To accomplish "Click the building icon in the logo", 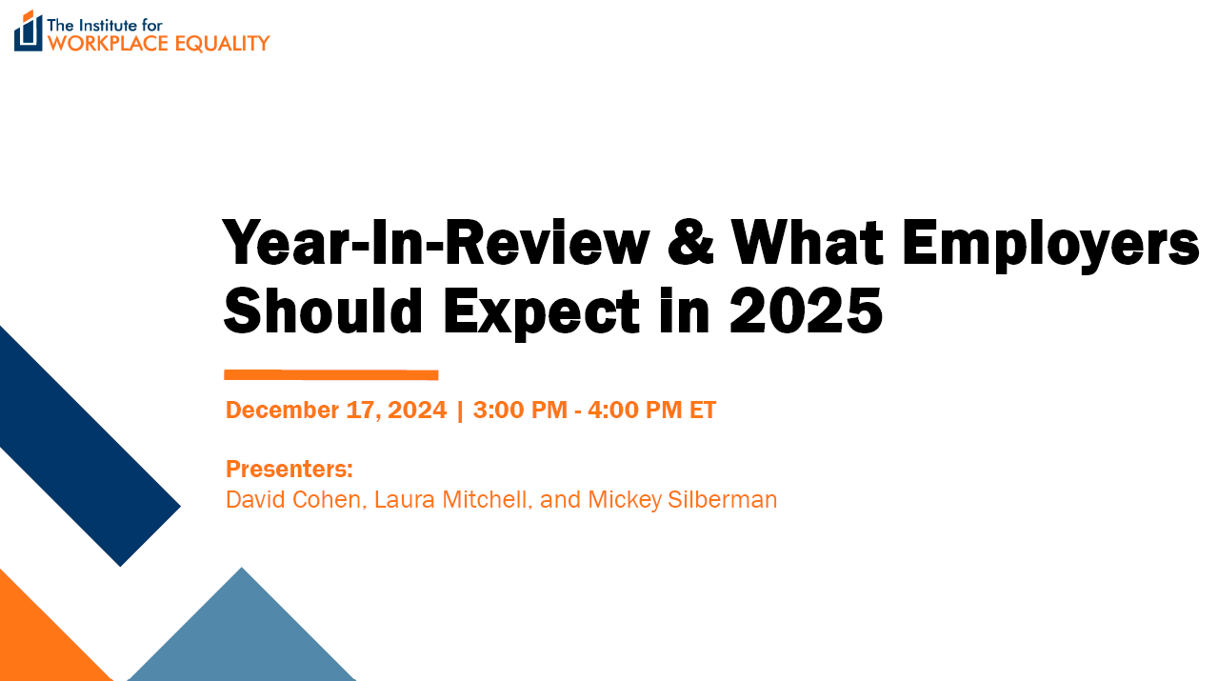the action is (x=29, y=31).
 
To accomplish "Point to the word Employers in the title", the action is (x=1050, y=246).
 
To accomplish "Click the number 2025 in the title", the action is (x=806, y=310).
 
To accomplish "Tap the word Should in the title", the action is (x=323, y=310).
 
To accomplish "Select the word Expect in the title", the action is (x=542, y=314).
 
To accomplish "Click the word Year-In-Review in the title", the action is (x=436, y=242).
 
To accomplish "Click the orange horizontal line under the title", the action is (x=331, y=374).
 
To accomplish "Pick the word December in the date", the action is (x=282, y=410).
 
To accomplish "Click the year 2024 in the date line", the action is (x=417, y=410).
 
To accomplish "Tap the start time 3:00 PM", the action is (x=520, y=410).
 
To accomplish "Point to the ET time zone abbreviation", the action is (x=703, y=410).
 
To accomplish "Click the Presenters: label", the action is (x=290, y=469).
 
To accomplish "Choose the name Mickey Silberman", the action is (x=683, y=500).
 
